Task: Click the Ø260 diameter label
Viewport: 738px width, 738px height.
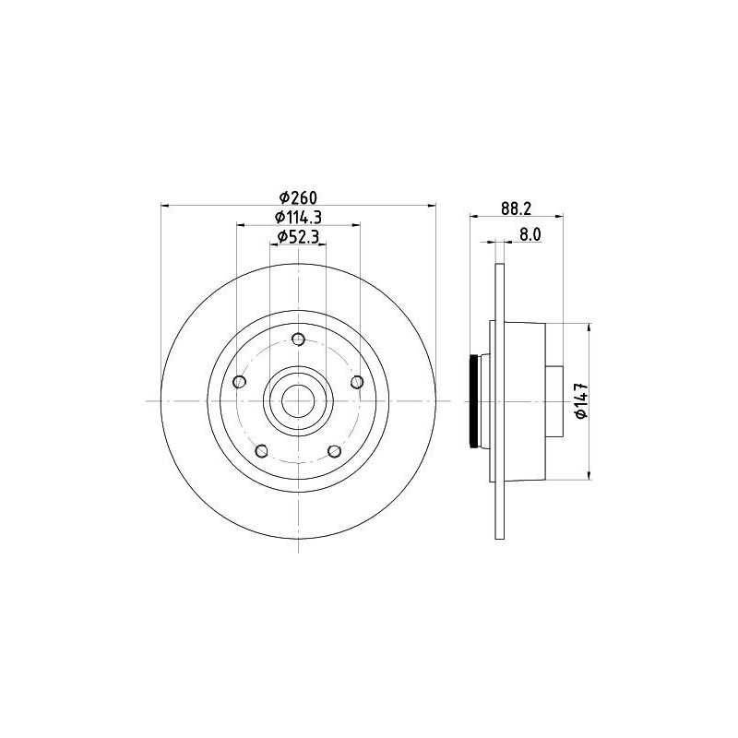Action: (x=298, y=197)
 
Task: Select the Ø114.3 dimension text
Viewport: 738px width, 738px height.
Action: (x=298, y=217)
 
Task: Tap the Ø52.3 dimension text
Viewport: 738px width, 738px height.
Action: (x=298, y=237)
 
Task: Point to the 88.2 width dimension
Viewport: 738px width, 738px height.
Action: (x=516, y=209)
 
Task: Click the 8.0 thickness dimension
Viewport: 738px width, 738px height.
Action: (x=530, y=234)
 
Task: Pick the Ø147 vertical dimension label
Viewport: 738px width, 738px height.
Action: (x=582, y=401)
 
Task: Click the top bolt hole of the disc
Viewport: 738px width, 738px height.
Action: (x=298, y=339)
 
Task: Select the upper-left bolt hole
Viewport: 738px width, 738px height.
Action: (x=240, y=382)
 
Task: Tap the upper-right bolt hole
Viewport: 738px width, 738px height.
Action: (x=357, y=382)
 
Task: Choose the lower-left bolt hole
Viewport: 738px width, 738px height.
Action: (x=262, y=451)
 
